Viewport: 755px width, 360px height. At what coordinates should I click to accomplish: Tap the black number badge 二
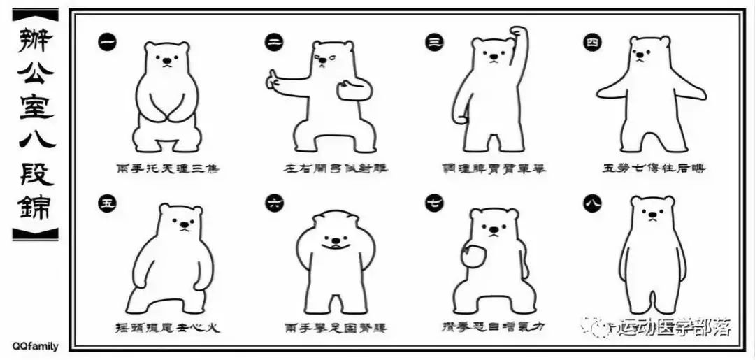coord(274,42)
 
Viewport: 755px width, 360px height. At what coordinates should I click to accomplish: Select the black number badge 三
coord(434,42)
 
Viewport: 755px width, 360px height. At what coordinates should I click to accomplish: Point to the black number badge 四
coord(592,43)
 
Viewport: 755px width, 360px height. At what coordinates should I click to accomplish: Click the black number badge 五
coord(107,204)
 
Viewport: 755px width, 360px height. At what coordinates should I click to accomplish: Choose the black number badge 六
coord(274,203)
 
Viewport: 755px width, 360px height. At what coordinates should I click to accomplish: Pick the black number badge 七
coord(434,204)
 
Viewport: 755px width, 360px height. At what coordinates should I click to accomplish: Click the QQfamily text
coord(35,346)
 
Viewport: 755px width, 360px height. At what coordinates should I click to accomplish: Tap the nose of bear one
coord(167,63)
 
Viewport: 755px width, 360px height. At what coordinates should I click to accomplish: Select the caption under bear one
coord(167,168)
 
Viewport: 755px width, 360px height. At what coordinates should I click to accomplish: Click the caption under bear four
coord(653,168)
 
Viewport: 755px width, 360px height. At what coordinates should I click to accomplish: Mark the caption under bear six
coord(336,327)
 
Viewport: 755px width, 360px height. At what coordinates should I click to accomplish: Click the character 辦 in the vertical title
coord(34,43)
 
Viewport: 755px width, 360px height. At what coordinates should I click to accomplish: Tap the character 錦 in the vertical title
coord(34,207)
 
